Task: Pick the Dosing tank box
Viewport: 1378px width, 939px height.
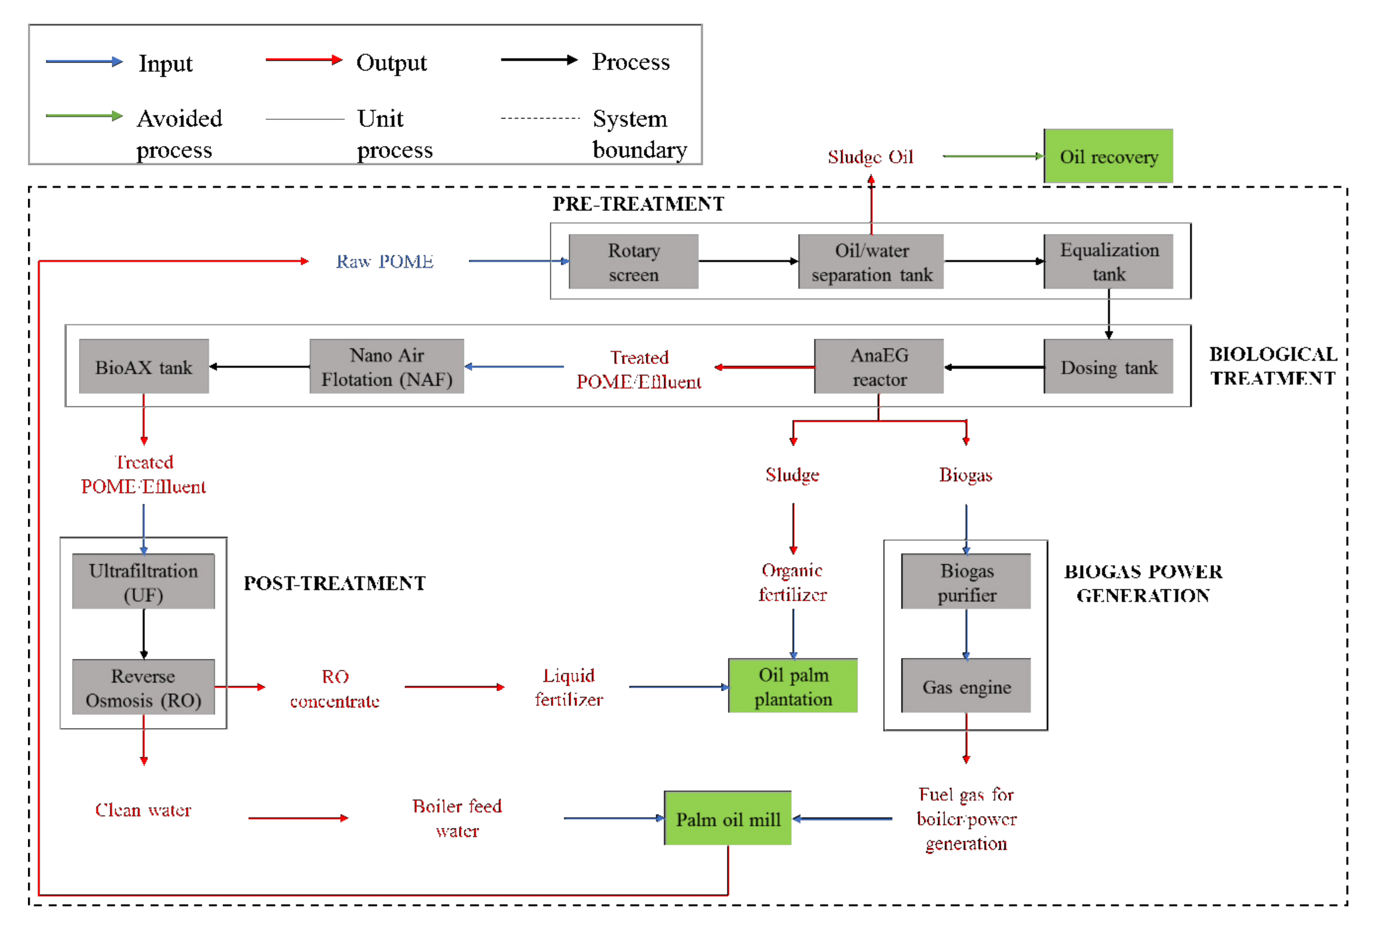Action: [x=1108, y=367]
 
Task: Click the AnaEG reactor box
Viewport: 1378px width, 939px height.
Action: [x=879, y=367]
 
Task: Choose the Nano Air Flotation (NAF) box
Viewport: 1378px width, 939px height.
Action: [x=387, y=367]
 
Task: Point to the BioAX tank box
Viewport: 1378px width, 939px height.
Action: [x=144, y=367]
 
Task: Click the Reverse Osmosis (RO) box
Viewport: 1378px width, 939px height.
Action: [x=144, y=687]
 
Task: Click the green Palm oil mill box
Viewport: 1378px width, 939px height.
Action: [x=728, y=819]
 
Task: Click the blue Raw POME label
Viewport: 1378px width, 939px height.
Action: [x=385, y=261]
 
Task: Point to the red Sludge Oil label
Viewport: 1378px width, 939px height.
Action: [x=870, y=157]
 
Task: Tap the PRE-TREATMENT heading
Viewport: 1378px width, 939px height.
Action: [x=638, y=204]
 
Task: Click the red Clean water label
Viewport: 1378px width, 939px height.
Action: [x=144, y=810]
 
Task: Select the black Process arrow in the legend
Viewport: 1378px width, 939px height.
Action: [x=539, y=60]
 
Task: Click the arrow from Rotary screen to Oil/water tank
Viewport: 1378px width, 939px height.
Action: [x=748, y=261]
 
